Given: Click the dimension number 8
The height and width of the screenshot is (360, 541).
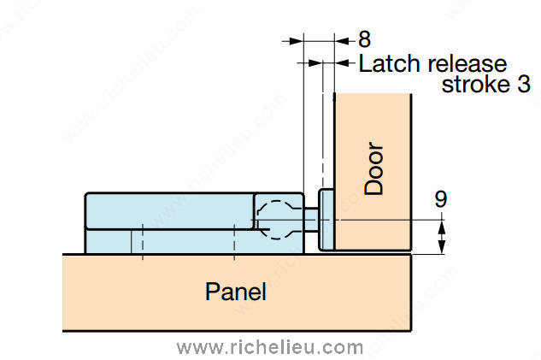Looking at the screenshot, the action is [x=364, y=39].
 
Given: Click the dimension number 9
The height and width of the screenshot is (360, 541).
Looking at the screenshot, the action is [x=441, y=198].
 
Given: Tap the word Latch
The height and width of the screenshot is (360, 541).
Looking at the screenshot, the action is [x=390, y=63].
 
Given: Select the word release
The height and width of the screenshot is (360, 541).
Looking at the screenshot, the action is [x=467, y=63].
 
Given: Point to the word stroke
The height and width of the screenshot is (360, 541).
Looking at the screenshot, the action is [x=475, y=84].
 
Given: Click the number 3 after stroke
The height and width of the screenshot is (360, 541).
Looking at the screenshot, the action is [x=523, y=84].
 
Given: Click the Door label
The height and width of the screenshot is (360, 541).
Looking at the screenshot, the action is [x=374, y=168].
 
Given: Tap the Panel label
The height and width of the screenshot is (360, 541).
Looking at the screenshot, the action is [x=236, y=292].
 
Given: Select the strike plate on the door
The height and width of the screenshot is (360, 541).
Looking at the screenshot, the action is [x=326, y=220].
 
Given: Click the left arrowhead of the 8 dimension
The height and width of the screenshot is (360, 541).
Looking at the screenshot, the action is [x=297, y=41].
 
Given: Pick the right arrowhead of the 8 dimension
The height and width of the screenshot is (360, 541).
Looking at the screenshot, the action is [x=342, y=41].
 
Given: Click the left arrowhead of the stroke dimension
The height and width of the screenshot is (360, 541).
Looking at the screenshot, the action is [x=315, y=63].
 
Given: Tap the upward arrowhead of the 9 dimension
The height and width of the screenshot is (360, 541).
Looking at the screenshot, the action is [x=442, y=229].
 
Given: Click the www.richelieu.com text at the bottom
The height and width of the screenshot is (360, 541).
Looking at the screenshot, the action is [x=270, y=347].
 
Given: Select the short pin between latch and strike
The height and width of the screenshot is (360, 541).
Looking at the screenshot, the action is [x=311, y=220].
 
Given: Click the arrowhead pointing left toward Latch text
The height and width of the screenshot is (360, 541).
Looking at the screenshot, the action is [x=342, y=63].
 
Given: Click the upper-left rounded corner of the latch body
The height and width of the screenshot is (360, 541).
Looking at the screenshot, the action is [x=87, y=195].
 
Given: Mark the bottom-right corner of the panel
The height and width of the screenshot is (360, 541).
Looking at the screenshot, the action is [x=411, y=331].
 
